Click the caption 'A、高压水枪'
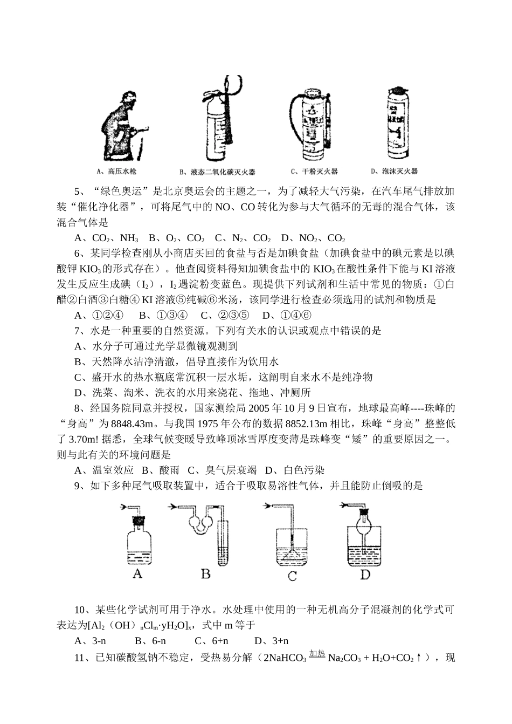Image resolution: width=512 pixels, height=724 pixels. (x=116, y=172)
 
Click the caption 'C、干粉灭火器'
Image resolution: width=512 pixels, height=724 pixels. (x=314, y=172)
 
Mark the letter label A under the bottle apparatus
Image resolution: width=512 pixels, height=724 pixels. (x=137, y=573)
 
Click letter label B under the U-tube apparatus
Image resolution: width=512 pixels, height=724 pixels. (x=206, y=573)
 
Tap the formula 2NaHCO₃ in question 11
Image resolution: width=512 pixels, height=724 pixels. (x=285, y=658)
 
